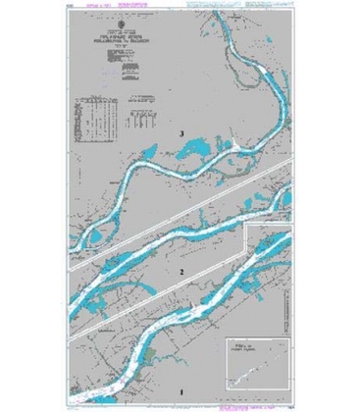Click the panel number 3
point(180,133)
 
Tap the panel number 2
point(180,268)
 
